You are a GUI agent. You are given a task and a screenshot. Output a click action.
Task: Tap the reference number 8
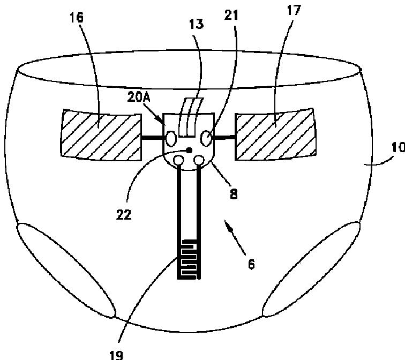(233, 194)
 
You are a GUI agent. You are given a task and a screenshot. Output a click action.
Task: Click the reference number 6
(251, 264)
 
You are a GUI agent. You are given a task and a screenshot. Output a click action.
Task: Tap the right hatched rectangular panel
(275, 136)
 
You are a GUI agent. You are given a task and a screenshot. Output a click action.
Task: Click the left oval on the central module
(171, 138)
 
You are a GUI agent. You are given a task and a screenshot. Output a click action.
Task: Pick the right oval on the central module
(205, 138)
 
